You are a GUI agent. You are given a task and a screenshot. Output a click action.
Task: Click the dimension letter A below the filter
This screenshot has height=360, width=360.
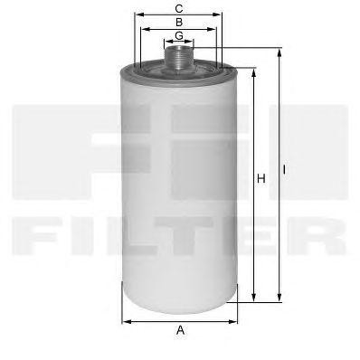(x=180, y=330)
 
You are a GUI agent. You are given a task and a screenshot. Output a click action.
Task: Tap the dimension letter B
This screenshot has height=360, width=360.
(x=179, y=23)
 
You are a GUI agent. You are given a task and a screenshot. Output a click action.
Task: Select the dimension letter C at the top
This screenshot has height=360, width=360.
(x=179, y=9)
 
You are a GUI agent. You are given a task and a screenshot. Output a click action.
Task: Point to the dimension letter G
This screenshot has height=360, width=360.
(x=179, y=35)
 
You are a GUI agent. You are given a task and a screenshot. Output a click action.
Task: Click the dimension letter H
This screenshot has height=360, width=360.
(x=261, y=179)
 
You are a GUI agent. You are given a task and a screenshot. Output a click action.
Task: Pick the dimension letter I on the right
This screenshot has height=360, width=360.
(x=284, y=170)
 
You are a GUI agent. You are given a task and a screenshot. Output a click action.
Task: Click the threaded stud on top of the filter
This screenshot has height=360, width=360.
(x=179, y=57)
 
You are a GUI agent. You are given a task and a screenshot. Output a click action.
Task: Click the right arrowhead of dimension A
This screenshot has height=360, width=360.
(x=232, y=322)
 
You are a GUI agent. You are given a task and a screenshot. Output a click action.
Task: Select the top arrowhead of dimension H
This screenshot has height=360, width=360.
(x=254, y=73)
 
